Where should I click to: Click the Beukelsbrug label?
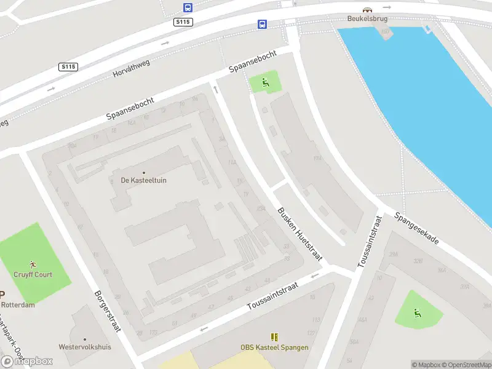pos(367,18)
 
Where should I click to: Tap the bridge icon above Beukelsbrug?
pos(367,10)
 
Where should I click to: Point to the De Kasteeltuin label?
pos(143,180)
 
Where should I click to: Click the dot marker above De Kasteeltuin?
pos(144,172)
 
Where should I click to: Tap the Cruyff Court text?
pos(33,274)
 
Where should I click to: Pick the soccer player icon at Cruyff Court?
pos(33,265)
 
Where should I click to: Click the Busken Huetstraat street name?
pos(300,234)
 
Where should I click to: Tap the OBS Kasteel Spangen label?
pos(274,347)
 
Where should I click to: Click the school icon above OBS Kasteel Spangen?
pos(274,337)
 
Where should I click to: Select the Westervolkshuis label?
pos(85,347)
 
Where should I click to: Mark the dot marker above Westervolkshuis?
pos(85,339)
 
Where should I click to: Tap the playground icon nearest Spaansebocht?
pos(265,83)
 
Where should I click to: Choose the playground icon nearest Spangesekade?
pos(418,313)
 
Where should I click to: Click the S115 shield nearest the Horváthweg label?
pos(68,66)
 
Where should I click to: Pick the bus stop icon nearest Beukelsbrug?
pos(263,25)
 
